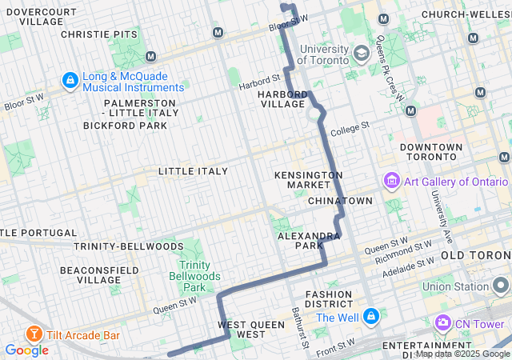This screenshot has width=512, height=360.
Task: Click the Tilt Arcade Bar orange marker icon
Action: (x=34, y=333)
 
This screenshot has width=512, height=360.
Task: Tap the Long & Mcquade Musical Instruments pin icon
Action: (x=70, y=80)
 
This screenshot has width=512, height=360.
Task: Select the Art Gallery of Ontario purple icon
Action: (x=391, y=181)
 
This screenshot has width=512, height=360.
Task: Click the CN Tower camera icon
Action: (x=442, y=322)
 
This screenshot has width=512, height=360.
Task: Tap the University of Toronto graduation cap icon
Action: (x=361, y=54)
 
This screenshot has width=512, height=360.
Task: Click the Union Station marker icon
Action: (x=501, y=286)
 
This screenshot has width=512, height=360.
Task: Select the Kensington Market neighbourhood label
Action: (x=308, y=180)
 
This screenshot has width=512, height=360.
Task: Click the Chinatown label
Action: (x=340, y=200)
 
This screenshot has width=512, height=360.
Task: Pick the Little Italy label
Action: (x=193, y=171)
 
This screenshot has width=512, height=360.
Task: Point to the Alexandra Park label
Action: (x=309, y=242)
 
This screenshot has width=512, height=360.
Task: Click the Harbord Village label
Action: (x=282, y=99)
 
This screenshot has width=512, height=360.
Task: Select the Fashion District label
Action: (x=328, y=299)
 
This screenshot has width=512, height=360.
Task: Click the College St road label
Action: (x=349, y=128)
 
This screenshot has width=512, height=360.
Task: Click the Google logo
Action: (x=26, y=350)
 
